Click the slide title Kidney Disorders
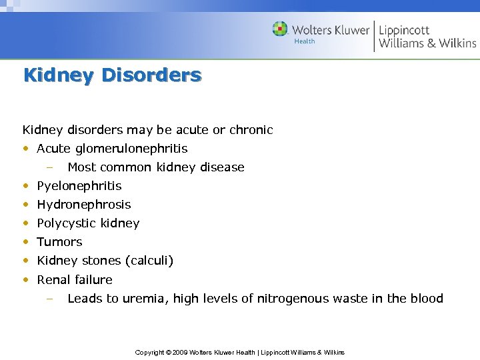click(112, 75)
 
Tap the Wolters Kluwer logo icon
click(280, 29)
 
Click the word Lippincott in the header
click(404, 30)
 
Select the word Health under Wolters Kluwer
click(304, 41)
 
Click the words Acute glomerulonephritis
click(112, 149)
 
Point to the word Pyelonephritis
click(79, 186)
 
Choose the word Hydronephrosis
click(84, 205)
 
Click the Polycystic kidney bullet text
click(88, 223)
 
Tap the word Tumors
click(59, 242)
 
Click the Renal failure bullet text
click(75, 280)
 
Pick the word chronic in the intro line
click(251, 130)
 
